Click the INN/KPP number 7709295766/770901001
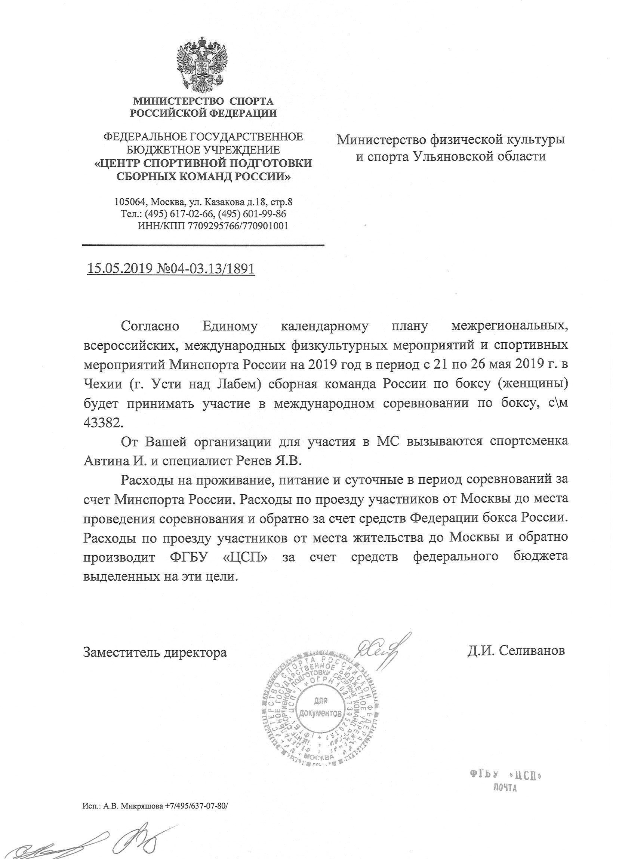coord(238,226)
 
